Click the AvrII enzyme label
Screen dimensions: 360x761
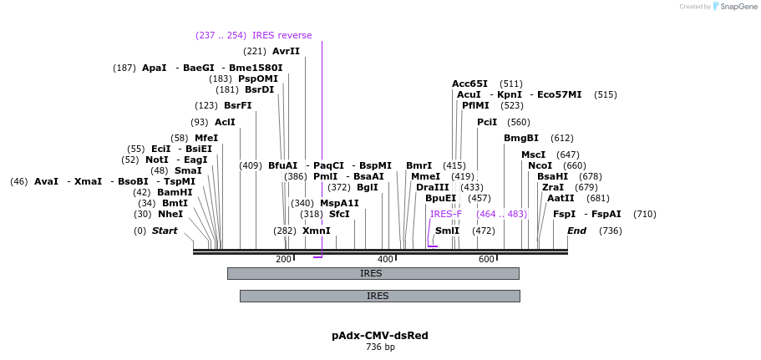pos(286,51)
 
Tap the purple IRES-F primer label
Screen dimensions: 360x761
pos(445,214)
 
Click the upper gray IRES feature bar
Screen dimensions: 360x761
pos(373,273)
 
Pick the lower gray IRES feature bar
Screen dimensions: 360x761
pos(379,296)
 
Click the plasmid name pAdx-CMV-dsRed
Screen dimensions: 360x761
pos(380,336)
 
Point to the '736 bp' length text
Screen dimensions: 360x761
pos(380,347)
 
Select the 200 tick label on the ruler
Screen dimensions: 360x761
pos(283,260)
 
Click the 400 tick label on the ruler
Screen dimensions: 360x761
pos(385,260)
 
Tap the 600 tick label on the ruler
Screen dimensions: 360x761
pos(486,260)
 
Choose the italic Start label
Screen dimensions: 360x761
pos(164,231)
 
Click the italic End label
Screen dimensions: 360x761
pos(576,231)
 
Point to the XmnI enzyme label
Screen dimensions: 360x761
pos(316,231)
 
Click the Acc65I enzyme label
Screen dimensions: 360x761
pos(469,84)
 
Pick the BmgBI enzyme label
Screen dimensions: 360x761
pos(520,138)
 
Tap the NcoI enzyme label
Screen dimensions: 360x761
pos(540,165)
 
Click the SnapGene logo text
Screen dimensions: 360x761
pos(733,7)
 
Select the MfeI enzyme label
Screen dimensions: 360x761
pos(205,138)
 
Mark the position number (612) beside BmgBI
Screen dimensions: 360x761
pos(562,138)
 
